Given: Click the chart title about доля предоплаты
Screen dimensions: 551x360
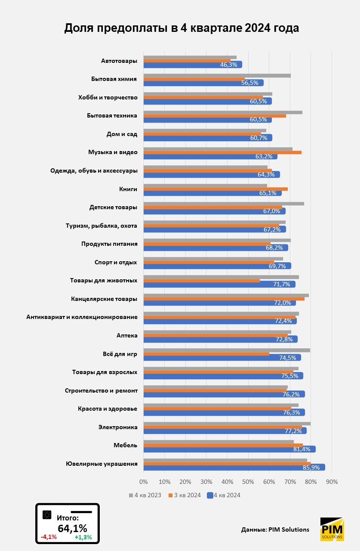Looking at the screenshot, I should [181, 28].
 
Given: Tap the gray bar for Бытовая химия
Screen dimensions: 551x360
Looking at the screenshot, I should [217, 75].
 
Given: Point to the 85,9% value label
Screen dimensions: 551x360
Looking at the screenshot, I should [313, 467].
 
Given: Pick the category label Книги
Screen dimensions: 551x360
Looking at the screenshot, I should [128, 189].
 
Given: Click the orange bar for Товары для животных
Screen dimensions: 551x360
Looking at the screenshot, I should [201, 281].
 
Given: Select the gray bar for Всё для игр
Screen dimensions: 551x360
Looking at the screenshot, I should [226, 350].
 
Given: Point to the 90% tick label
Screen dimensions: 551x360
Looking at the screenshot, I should [332, 481].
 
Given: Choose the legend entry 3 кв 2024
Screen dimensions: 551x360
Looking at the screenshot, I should [185, 495].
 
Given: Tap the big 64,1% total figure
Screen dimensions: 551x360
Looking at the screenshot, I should [72, 528].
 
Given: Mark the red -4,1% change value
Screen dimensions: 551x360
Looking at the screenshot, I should [49, 537].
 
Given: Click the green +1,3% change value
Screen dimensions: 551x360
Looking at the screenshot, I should [83, 537].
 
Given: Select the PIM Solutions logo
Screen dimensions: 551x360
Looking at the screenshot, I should [332, 529].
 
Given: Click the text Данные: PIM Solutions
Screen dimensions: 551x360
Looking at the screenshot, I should [275, 529].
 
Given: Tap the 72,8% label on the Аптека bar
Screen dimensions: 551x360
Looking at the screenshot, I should [284, 339].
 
